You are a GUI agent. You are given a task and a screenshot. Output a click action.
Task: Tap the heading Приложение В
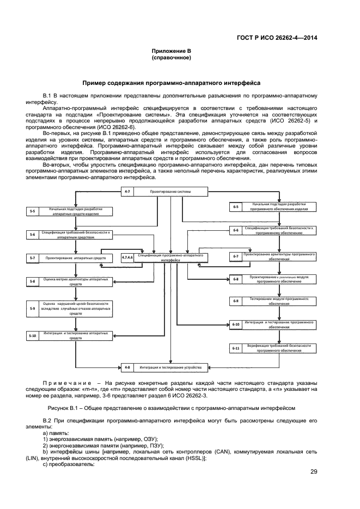172,51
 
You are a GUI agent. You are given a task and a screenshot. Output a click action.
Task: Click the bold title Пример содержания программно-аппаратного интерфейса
172,83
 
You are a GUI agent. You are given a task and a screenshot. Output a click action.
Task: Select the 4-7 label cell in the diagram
127,191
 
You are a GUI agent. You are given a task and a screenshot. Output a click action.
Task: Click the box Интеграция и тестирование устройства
170,368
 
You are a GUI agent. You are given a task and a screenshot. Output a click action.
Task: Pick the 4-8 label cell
127,368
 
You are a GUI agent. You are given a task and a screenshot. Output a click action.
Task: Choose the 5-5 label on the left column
32,211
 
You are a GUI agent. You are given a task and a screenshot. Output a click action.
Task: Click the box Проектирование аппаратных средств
75,257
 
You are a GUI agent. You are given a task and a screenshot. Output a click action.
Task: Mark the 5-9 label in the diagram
32,309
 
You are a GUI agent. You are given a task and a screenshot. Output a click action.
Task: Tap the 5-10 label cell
32,336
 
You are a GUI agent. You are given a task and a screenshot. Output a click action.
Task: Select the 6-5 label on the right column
236,207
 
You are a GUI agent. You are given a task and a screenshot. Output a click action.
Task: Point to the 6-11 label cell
236,348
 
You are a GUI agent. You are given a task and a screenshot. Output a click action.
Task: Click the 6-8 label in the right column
236,279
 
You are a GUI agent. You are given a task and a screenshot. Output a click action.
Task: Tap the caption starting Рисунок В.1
172,407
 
